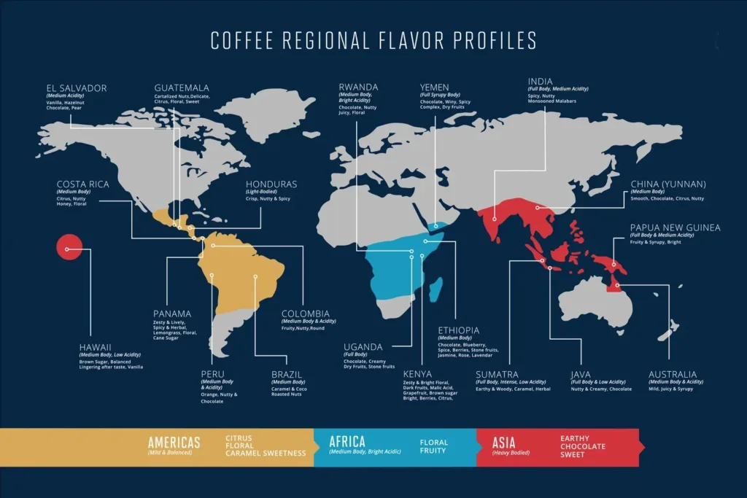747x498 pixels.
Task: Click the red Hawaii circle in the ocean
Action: point(68,249)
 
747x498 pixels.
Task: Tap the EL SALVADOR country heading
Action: point(76,88)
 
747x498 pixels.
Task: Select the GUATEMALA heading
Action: point(182,88)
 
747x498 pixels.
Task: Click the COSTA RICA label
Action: point(82,184)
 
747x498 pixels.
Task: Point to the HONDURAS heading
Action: point(271,184)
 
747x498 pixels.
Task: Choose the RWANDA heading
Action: point(358,88)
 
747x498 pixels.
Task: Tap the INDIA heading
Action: point(541,82)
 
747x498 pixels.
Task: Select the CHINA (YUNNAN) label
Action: point(668,184)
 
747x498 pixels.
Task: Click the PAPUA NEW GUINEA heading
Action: point(675,227)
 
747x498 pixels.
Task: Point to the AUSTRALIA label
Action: point(673,375)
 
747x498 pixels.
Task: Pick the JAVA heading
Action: point(581,375)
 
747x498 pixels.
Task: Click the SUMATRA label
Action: point(497,375)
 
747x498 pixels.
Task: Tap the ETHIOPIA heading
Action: point(459,331)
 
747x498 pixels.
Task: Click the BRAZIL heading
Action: point(287,375)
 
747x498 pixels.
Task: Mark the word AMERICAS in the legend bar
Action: point(174,442)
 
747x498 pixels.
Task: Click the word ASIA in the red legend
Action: point(504,442)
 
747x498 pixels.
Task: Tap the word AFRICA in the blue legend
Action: point(347,442)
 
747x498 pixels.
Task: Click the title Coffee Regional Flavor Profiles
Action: point(373,40)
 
